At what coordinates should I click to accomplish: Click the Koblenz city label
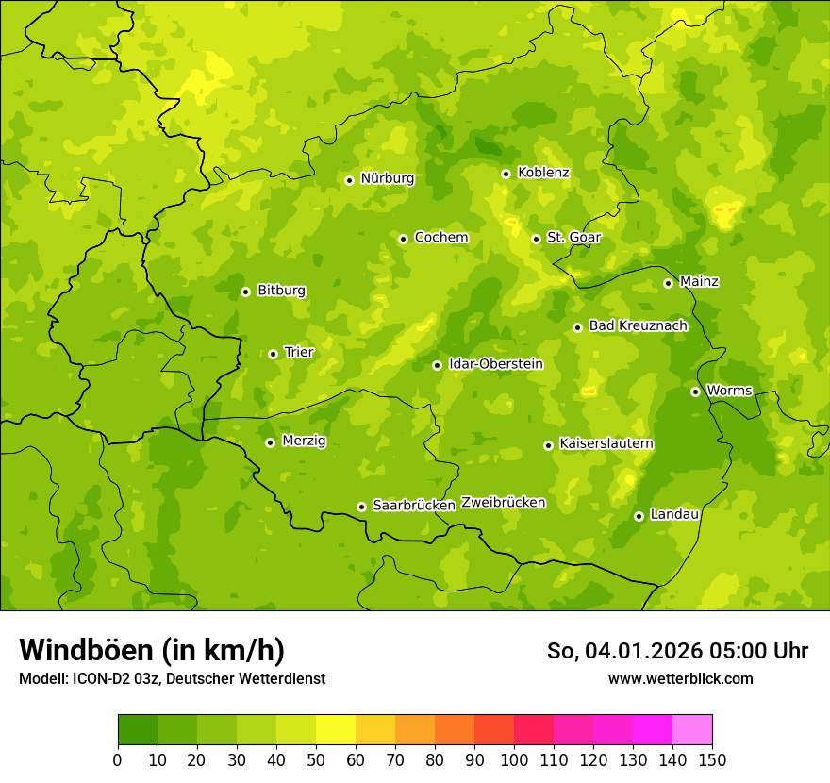[x=543, y=173]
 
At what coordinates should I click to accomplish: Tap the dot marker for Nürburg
[x=349, y=180]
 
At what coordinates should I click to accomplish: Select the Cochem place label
[x=440, y=238]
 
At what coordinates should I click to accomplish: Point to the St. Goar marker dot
[x=536, y=239]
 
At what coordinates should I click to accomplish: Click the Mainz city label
[x=699, y=282]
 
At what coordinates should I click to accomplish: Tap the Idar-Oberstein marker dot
[x=437, y=365]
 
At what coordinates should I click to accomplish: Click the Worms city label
[x=729, y=391]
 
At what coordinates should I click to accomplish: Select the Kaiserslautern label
[x=606, y=443]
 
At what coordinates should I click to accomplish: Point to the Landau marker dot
[x=639, y=516]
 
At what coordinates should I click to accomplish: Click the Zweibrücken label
[x=503, y=503]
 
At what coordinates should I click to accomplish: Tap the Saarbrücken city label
[x=413, y=506]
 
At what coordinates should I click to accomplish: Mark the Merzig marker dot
[x=270, y=442]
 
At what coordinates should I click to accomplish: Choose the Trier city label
[x=299, y=353]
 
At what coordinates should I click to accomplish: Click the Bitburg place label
[x=281, y=291]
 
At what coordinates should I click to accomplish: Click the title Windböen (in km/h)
[x=151, y=650]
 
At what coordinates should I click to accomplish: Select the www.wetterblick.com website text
[x=680, y=678]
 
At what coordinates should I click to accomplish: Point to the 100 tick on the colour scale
[x=514, y=759]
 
